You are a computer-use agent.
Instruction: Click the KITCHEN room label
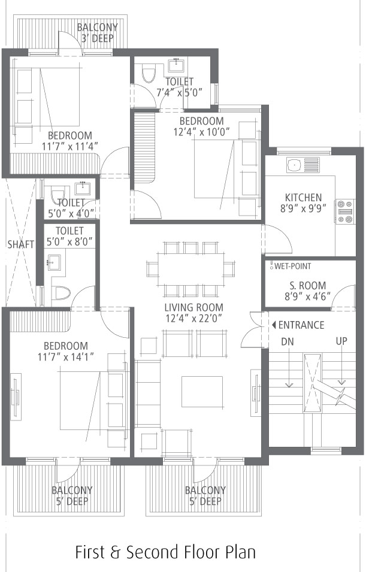[x=303, y=197]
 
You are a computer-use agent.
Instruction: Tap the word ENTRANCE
[x=301, y=325]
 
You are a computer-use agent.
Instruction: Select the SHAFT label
[x=21, y=244]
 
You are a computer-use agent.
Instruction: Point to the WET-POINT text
[x=293, y=266]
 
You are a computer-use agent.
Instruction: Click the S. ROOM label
[x=308, y=285]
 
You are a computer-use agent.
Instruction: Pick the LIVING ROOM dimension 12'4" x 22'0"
[x=193, y=319]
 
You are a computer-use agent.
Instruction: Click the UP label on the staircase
[x=341, y=341]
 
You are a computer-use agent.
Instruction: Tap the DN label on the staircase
[x=287, y=341]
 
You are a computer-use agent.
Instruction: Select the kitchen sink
[x=303, y=165]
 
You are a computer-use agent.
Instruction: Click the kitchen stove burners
[x=345, y=211]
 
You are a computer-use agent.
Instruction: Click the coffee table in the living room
[x=202, y=392]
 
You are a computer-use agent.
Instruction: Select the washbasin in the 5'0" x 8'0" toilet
[x=54, y=262]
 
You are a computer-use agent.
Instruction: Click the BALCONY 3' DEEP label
[x=98, y=32]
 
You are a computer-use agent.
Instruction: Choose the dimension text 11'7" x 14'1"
[x=66, y=356]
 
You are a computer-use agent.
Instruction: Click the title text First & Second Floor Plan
[x=165, y=552]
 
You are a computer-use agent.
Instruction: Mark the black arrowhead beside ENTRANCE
[x=274, y=325]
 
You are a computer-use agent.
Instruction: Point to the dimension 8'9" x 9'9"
[x=303, y=208]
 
